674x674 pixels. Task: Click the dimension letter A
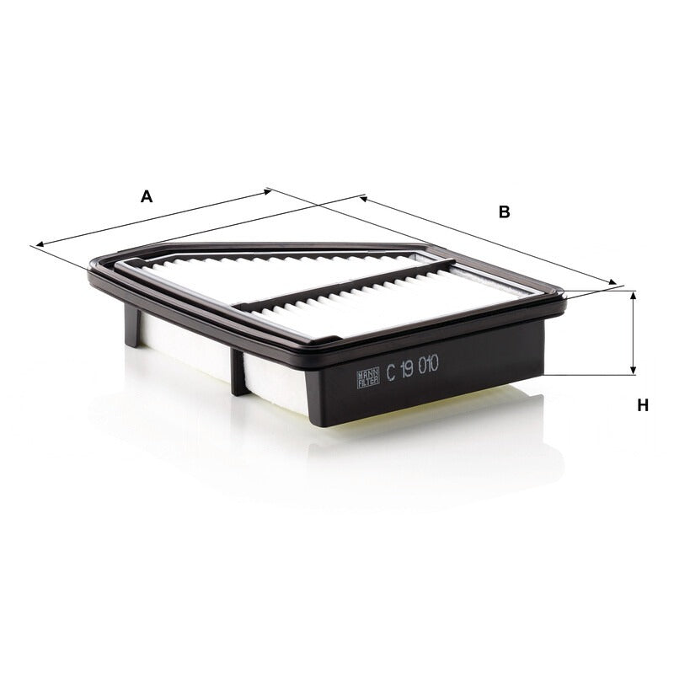pos(147,196)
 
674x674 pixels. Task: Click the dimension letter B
pos(504,212)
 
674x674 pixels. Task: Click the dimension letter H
pos(643,405)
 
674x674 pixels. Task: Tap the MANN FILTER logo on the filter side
pos(368,377)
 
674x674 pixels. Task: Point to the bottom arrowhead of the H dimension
pos(633,371)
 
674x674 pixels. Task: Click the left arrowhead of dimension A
pos(40,244)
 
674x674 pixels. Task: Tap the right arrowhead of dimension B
pos(612,282)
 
